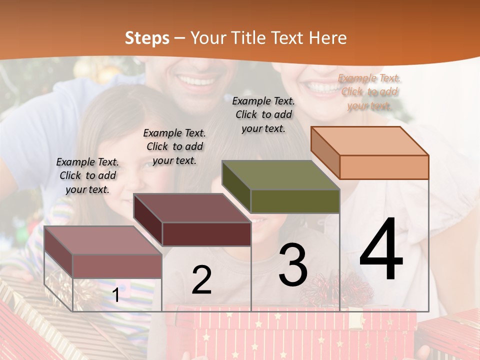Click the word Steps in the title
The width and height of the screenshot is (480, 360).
point(146,38)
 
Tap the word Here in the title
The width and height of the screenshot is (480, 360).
point(327,38)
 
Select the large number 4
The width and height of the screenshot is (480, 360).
point(381,250)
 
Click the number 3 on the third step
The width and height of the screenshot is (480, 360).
point(293,265)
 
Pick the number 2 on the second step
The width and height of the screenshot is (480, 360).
point(201,280)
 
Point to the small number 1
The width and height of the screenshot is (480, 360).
point(116,295)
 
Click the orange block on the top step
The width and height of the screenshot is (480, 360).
point(383,167)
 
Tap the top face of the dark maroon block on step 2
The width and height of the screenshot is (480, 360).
point(192,208)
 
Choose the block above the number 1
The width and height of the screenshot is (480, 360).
point(116,265)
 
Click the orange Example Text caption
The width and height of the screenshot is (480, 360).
point(369,92)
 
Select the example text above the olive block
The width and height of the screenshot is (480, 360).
point(263,114)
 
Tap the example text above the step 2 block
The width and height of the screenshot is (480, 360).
point(174,146)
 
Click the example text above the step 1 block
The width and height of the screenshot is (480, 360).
point(87,175)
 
